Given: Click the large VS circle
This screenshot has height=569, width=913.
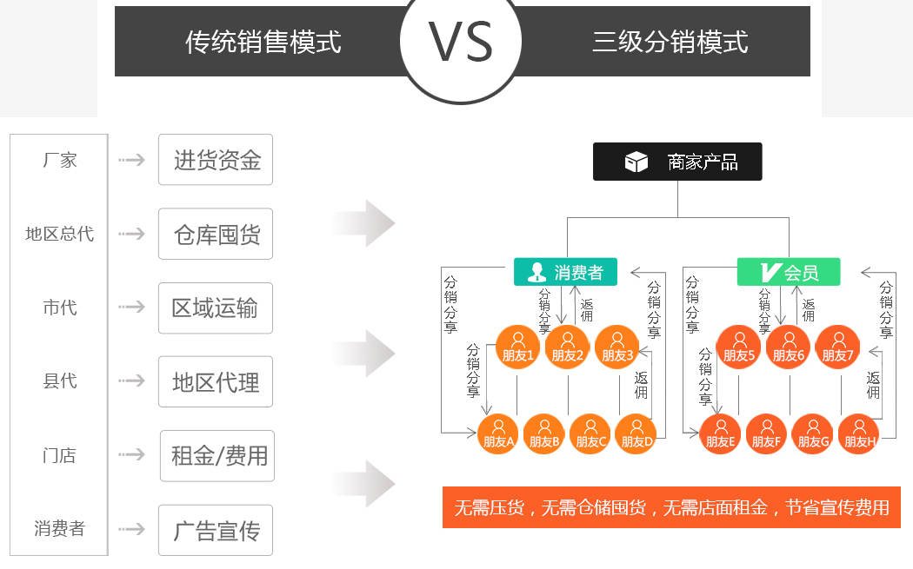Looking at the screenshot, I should point(461,43).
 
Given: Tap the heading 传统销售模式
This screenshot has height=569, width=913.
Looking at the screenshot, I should point(263,42).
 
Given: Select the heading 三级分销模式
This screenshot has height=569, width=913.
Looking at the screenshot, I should point(670,42).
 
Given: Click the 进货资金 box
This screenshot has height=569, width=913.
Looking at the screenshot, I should point(216,160).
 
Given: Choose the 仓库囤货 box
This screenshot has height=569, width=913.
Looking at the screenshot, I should point(216,234).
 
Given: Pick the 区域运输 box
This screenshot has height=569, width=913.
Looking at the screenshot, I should point(216,308).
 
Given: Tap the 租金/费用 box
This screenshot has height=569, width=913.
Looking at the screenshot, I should point(217,456).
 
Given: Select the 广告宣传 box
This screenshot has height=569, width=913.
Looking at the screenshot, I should point(216,530).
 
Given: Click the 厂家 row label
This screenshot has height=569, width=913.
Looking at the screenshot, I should point(60,160).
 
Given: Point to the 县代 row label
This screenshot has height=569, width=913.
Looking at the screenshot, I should point(60,381).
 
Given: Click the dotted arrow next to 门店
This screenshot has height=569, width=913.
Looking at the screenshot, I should point(132,455).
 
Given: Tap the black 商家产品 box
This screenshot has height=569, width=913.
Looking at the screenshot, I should point(677,162).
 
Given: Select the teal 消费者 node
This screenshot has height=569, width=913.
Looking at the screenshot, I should point(565,272).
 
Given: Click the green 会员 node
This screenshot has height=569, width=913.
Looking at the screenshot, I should point(789,272).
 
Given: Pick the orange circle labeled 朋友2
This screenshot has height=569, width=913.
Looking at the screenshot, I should point(568,347).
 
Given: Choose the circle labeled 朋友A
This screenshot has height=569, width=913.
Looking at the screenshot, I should point(499,433).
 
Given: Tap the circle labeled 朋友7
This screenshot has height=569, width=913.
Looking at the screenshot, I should point(839,347).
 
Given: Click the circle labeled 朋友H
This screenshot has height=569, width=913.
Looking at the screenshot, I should point(859,433).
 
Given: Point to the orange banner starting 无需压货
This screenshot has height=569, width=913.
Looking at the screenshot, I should point(671,507).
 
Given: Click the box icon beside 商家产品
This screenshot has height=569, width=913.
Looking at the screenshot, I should point(636,162).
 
